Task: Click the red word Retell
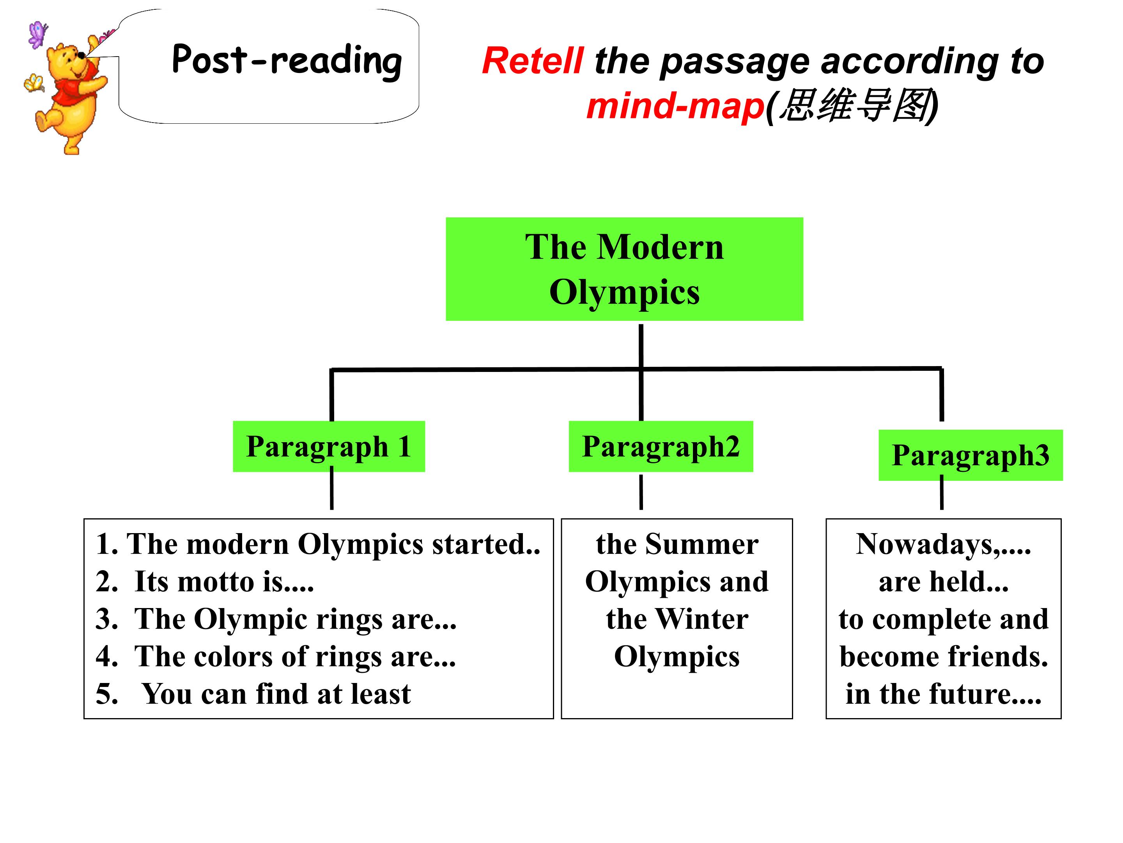[x=533, y=60]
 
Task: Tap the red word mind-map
[x=675, y=106]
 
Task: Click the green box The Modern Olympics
[x=624, y=269]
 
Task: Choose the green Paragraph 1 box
[x=329, y=446]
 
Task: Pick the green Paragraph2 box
[x=661, y=446]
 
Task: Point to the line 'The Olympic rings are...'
[x=276, y=619]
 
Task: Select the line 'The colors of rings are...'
[x=276, y=656]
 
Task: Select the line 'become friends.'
[x=944, y=656]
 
